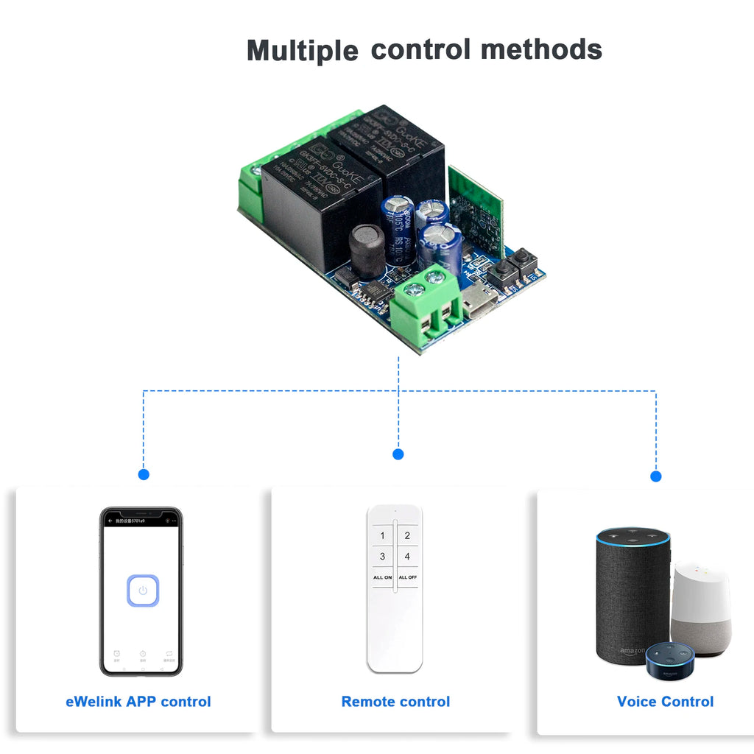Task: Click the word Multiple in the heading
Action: coord(302,51)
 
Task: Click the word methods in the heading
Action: coord(541,49)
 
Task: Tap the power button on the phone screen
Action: coord(143,591)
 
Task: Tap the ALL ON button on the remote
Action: coord(382,577)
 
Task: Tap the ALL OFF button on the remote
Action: coord(407,577)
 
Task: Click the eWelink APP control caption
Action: coord(138,702)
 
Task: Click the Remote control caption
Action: coord(395,702)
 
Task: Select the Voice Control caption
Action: coord(665,702)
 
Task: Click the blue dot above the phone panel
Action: coord(144,474)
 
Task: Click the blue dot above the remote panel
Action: coord(398,454)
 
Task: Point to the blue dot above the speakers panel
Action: coord(656,476)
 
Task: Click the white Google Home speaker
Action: coord(701,607)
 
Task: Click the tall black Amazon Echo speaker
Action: coord(632,593)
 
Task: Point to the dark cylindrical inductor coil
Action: coord(367,250)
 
